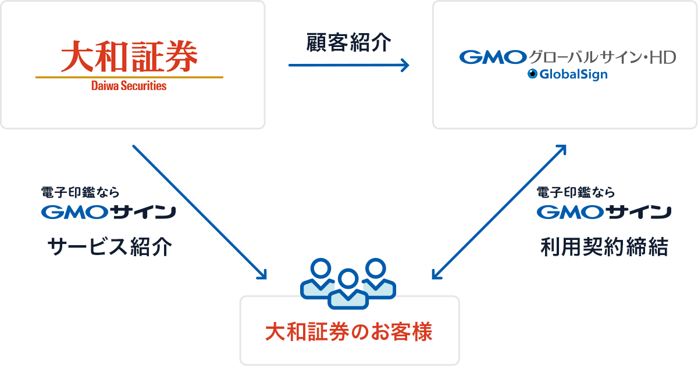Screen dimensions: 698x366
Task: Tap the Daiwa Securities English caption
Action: point(129,85)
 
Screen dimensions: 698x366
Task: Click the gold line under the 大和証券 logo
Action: point(129,77)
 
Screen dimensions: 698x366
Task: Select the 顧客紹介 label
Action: point(348,42)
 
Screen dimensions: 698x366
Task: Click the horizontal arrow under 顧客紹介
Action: point(348,65)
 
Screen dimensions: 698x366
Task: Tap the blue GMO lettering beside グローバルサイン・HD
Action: point(493,58)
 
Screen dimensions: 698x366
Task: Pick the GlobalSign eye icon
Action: point(533,74)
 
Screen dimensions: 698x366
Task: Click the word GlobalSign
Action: point(574,75)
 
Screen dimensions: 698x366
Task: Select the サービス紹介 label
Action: point(110,246)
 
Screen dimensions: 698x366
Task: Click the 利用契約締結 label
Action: point(604,246)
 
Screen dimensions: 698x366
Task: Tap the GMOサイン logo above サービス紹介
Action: point(108,212)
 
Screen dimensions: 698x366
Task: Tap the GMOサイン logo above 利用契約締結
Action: point(604,212)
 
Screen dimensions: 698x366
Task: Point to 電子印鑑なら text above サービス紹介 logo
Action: point(80,192)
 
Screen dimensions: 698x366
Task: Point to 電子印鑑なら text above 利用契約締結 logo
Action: point(575,192)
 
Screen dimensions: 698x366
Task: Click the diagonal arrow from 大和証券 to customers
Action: point(200,212)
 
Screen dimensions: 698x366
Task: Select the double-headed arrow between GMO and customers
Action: point(499,212)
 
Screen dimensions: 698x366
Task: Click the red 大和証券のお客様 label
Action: point(348,332)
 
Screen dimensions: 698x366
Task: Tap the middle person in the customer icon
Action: point(348,289)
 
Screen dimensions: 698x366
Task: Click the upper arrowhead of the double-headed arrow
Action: point(561,149)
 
